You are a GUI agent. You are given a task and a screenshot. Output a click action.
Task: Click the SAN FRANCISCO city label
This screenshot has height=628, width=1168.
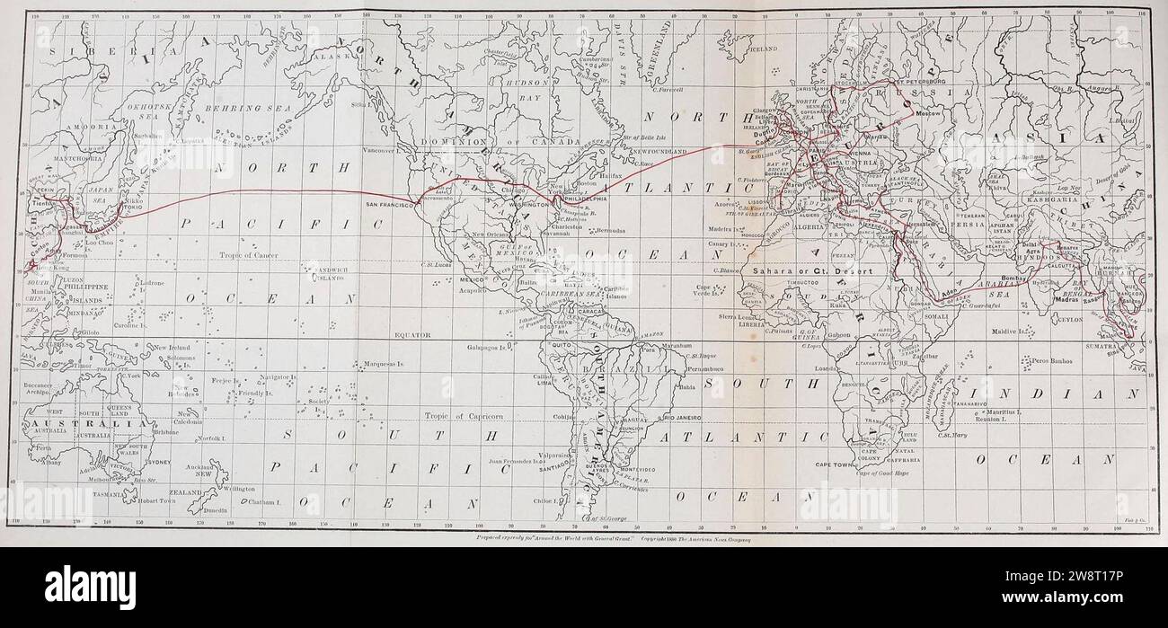point(389,205)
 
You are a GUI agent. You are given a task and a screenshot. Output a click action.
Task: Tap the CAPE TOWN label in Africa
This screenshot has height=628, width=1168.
point(835,464)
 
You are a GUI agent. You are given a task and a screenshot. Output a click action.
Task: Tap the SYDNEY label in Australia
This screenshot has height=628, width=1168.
point(157,462)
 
